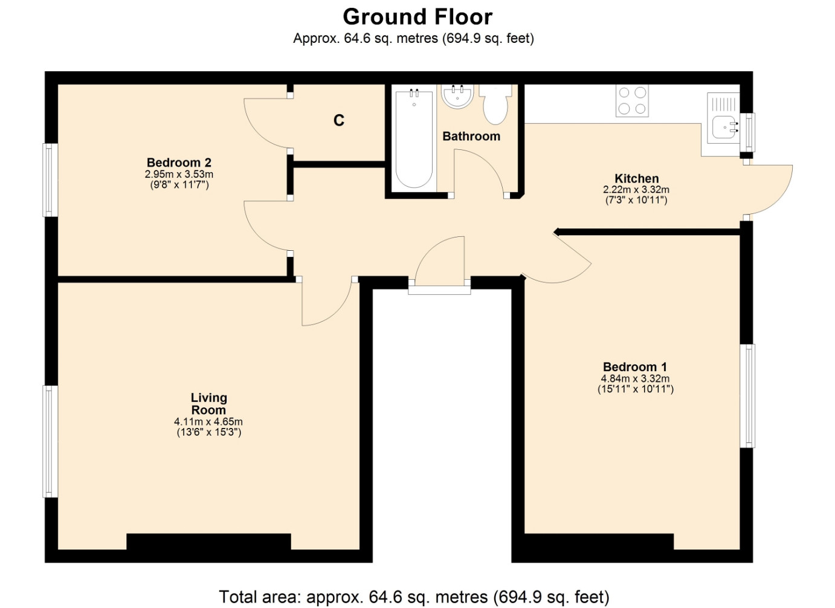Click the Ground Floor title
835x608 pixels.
[417, 17]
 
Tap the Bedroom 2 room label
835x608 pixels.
[179, 163]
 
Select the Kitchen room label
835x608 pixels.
[636, 178]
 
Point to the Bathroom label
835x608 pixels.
[471, 137]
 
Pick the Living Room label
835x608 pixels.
[209, 404]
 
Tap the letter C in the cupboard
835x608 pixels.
[338, 120]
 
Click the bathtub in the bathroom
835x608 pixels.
[414, 138]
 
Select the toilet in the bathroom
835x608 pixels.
[495, 105]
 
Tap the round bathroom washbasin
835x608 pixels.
[457, 97]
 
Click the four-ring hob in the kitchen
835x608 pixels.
[632, 101]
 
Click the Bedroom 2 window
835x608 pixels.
[50, 180]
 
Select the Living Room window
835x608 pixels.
[50, 441]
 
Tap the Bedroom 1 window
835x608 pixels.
[747, 395]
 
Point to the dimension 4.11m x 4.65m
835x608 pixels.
[208, 422]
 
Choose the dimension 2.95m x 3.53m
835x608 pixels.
[179, 174]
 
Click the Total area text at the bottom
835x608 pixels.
[414, 597]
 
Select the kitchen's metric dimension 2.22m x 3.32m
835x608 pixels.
[636, 189]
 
